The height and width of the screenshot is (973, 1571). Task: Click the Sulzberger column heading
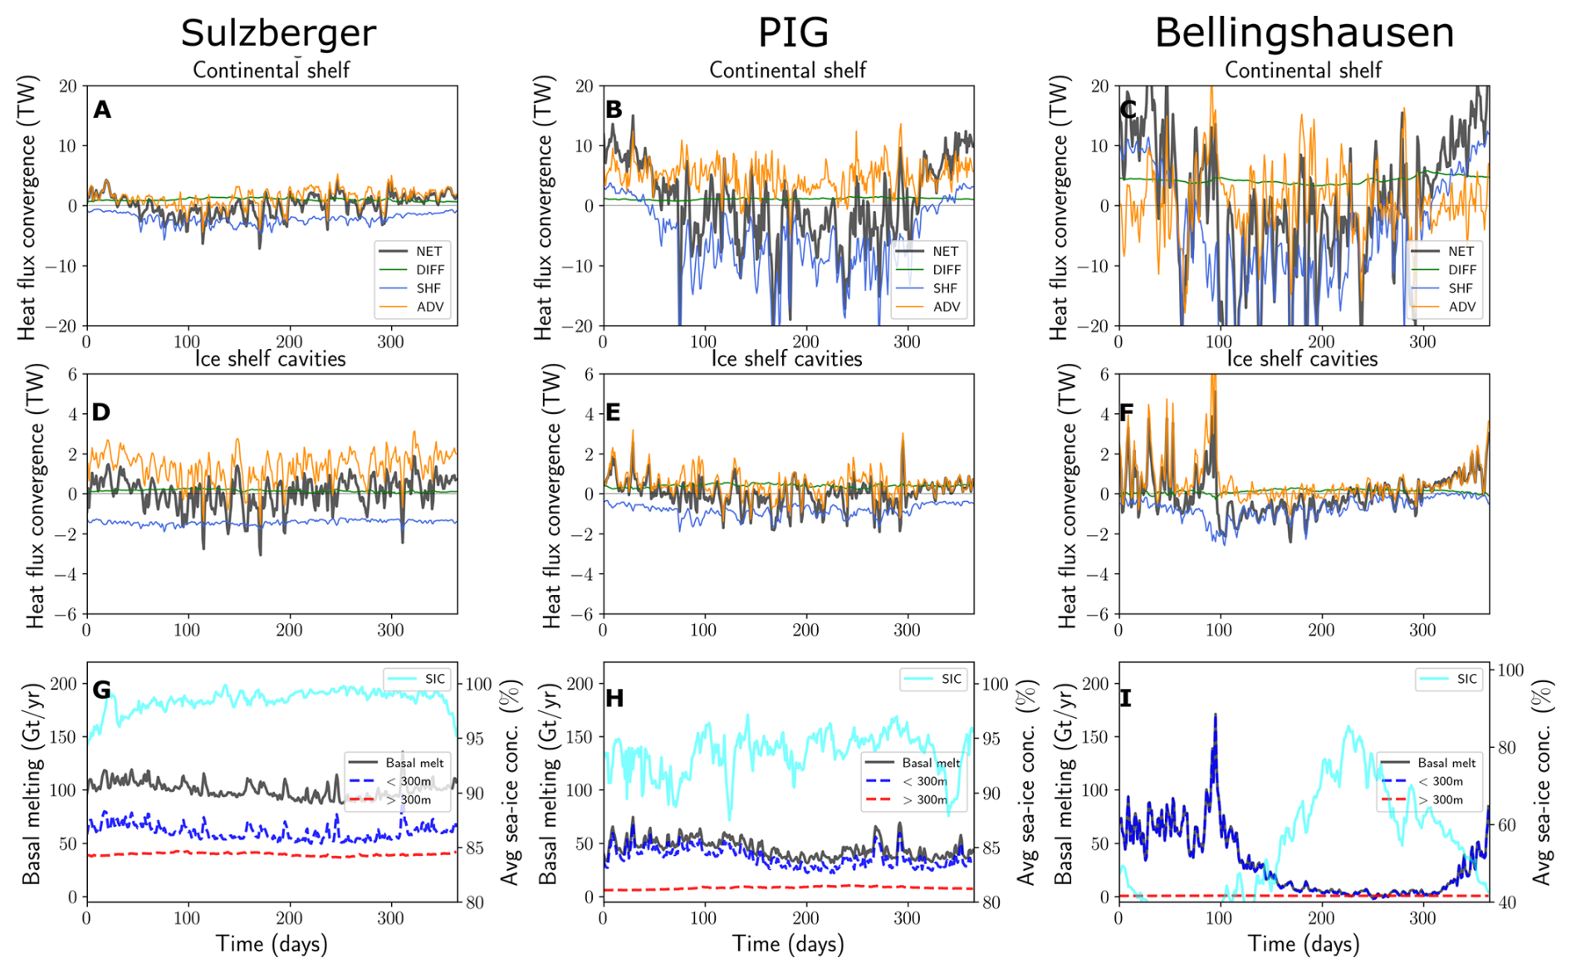point(278,33)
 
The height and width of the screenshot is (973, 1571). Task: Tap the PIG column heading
point(793,33)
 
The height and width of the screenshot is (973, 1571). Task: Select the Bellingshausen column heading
point(1304,33)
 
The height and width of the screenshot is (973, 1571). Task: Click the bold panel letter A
point(102,110)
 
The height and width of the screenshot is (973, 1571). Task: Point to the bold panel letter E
point(613,412)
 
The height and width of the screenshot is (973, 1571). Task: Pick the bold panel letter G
point(102,690)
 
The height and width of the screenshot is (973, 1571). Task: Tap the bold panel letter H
point(614,698)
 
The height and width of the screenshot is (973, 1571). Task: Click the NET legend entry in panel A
point(428,251)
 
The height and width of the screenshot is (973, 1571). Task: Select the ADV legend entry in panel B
point(946,307)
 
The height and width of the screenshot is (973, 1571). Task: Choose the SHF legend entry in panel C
point(1461,288)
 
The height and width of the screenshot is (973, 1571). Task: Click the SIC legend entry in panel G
point(434,679)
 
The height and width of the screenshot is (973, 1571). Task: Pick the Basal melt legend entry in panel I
point(1446,763)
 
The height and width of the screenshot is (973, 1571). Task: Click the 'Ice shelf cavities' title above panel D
point(271,359)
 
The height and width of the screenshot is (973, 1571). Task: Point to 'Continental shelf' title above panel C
point(1303,71)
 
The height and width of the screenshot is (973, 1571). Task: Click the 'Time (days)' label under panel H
point(788,944)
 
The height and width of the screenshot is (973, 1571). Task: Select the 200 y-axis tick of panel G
point(63,684)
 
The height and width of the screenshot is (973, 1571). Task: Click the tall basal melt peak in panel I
point(1216,716)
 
